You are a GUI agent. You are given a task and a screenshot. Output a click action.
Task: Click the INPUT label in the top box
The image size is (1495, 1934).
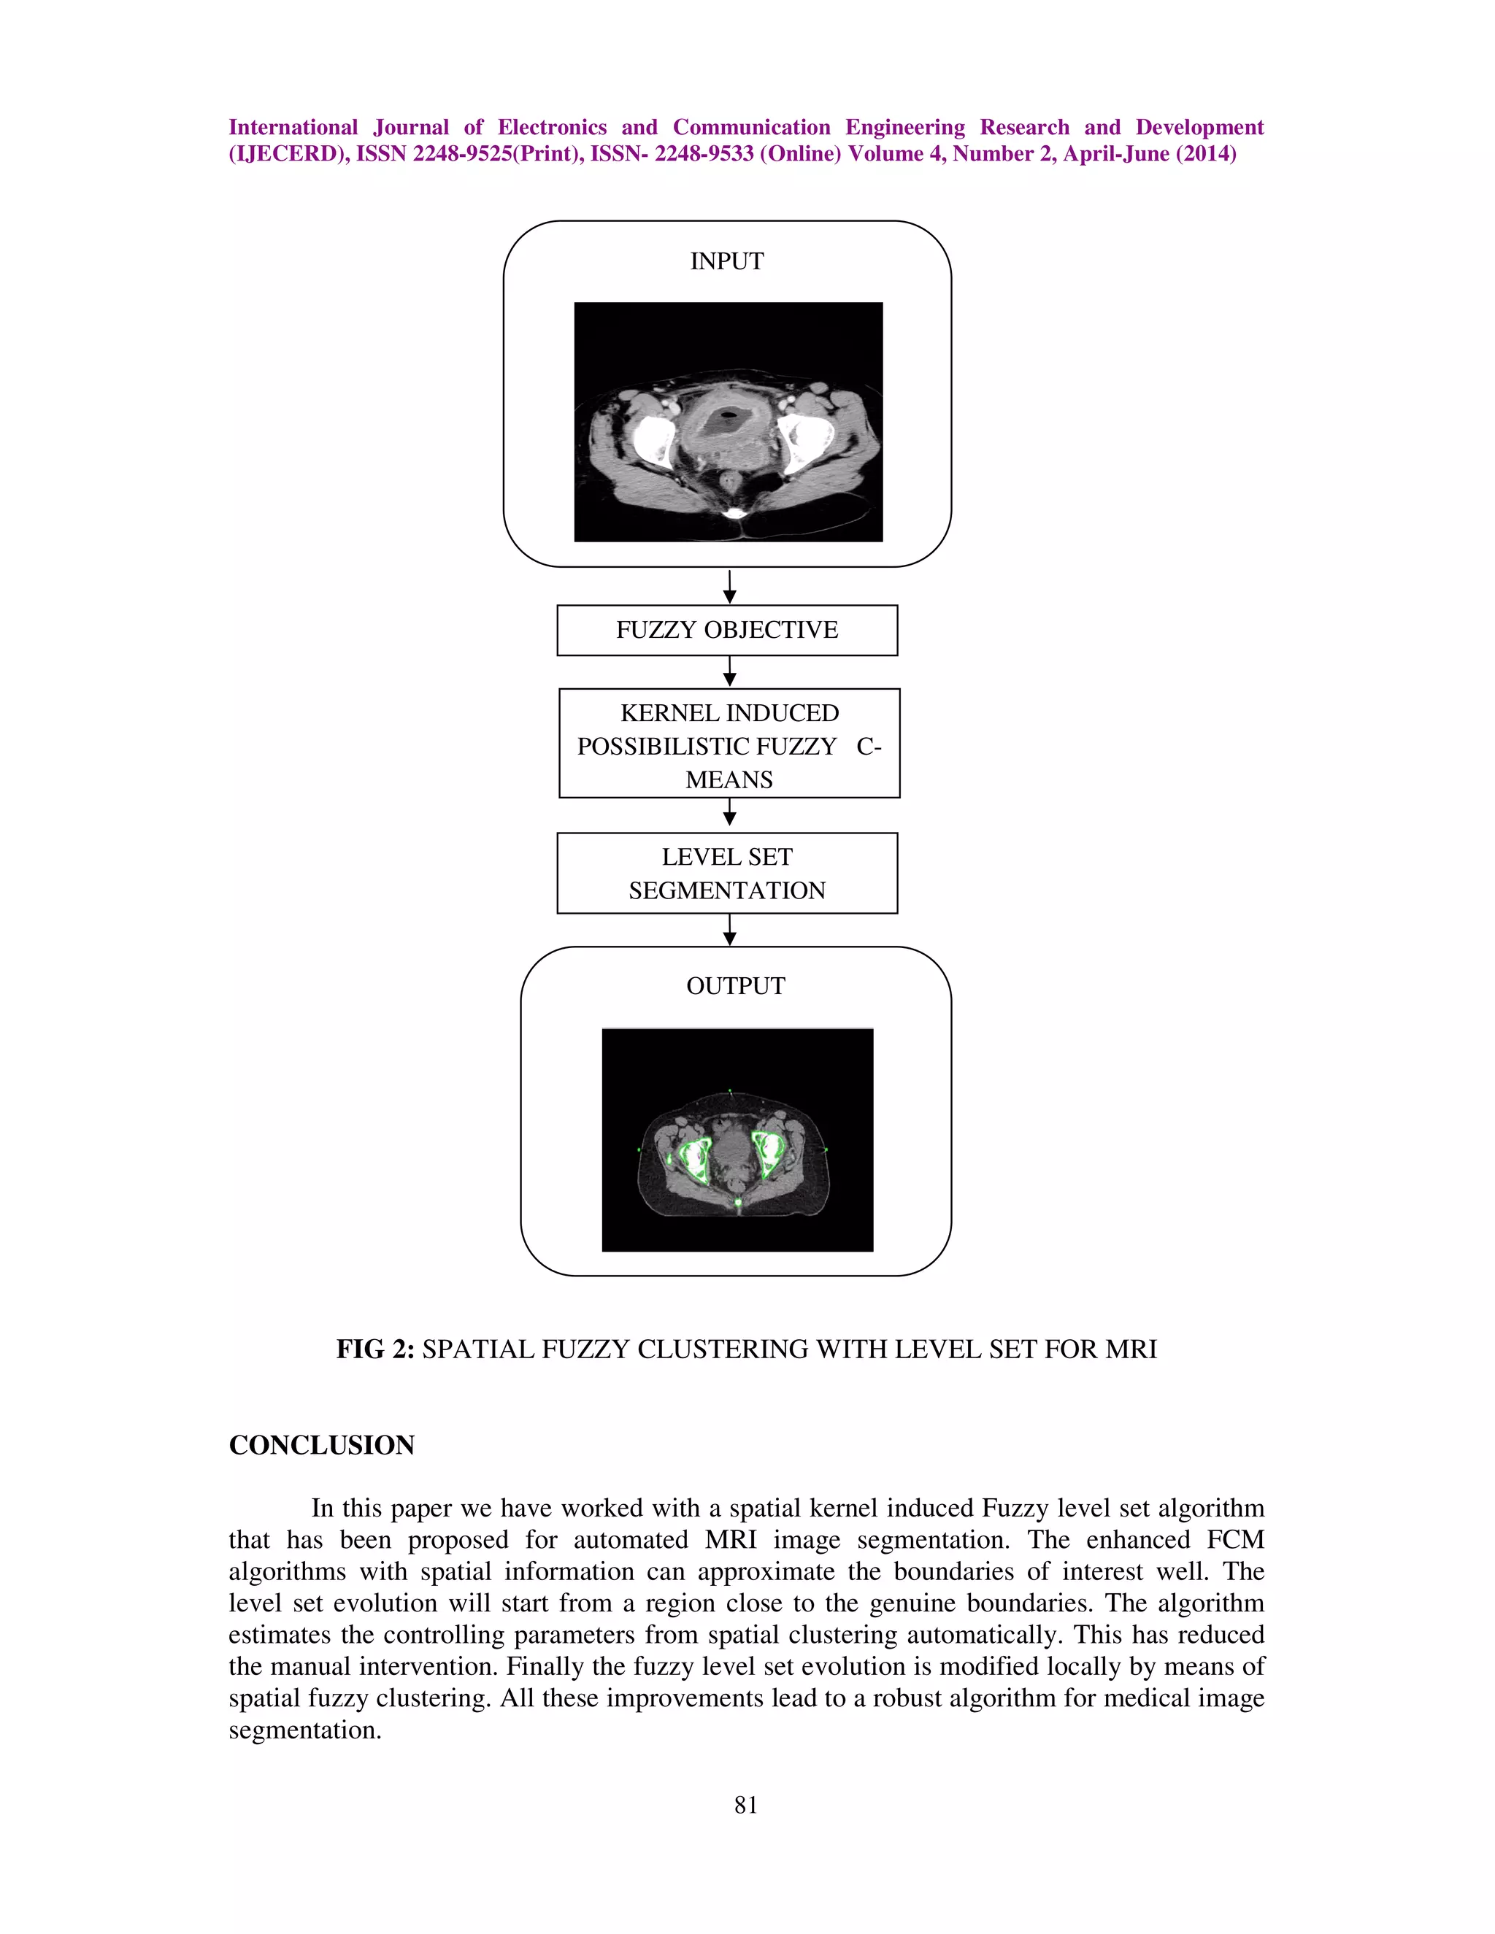coord(726,261)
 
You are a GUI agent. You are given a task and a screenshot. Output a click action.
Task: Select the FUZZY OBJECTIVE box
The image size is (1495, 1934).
coord(726,630)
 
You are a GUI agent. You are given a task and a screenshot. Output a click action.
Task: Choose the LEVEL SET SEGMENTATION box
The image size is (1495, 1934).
coord(726,873)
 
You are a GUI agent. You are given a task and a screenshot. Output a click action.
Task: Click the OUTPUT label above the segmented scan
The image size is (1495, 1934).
coord(735,985)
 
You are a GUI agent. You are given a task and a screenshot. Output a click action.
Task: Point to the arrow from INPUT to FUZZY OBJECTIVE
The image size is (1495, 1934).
coord(729,586)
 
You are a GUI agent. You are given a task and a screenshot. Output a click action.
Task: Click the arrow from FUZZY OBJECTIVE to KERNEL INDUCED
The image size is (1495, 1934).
coord(729,671)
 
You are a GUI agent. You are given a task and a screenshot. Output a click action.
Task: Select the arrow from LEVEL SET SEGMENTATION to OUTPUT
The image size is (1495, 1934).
coord(729,930)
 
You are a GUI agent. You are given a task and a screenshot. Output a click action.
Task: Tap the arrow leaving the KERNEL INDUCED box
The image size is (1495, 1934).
coord(729,813)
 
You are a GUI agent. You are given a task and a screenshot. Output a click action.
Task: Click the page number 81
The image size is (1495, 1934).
coord(746,1805)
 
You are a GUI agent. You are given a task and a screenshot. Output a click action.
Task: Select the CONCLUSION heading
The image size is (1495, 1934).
coord(321,1445)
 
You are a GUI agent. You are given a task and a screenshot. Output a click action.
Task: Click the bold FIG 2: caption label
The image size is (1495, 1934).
coord(374,1349)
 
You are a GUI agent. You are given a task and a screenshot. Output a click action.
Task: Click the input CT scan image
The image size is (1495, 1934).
coord(728,422)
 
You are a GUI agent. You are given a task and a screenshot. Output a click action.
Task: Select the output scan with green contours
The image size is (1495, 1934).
coord(737,1140)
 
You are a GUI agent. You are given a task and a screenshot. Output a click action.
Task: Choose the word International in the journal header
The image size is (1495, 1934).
coord(293,128)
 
